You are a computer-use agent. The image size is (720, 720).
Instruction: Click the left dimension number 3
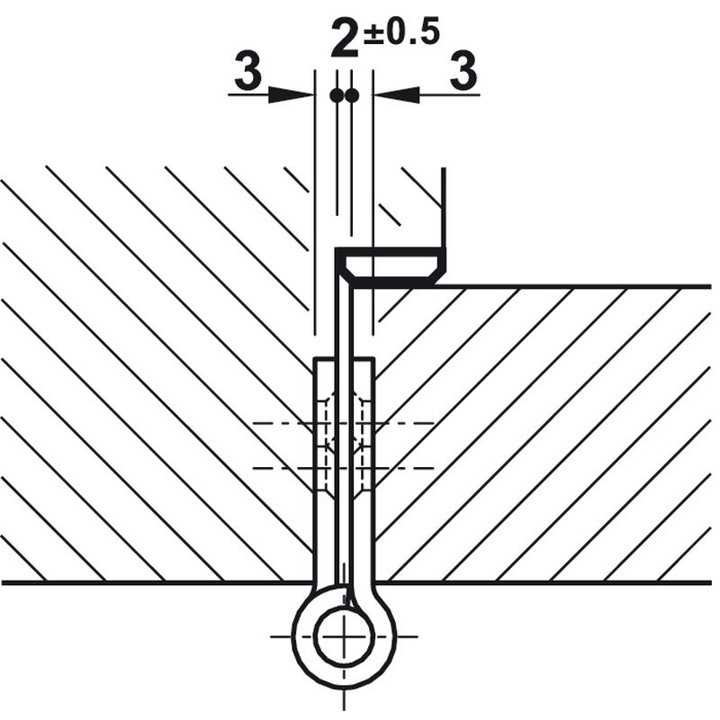(x=248, y=71)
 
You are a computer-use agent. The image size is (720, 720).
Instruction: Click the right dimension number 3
(x=463, y=71)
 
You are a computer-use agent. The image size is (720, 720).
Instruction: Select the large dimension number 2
(x=345, y=40)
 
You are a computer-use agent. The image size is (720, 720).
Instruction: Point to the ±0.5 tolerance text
(x=401, y=32)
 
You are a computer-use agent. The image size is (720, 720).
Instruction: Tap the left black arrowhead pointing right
(x=291, y=94)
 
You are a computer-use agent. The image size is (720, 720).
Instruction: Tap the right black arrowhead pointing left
(x=397, y=94)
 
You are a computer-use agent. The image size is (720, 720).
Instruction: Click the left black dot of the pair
(x=337, y=95)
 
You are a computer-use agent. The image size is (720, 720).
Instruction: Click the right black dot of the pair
(x=352, y=95)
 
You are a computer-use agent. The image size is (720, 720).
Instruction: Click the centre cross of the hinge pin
(x=344, y=636)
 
